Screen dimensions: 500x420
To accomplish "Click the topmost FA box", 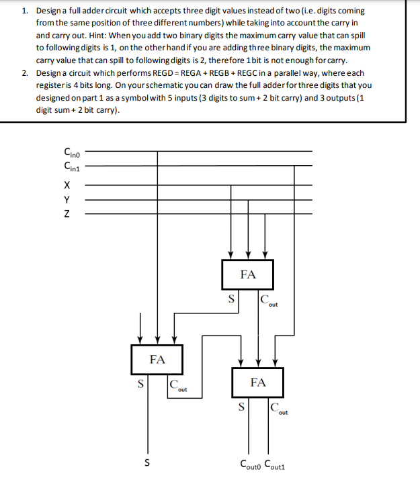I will [248, 275].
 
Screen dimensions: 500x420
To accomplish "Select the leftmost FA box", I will [157, 359].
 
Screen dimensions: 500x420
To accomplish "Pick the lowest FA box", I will [258, 383].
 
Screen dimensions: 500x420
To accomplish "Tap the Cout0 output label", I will [252, 464].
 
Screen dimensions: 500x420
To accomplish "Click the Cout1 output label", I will [277, 464].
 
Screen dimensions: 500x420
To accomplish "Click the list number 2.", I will [24, 72].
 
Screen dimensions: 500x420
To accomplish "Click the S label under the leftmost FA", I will [140, 385].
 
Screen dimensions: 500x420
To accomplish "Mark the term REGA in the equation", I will [194, 72].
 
